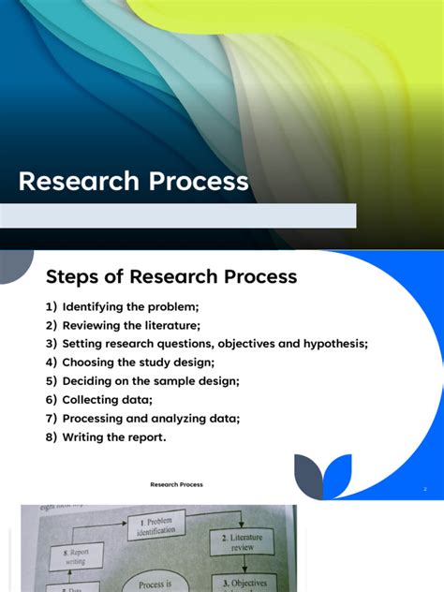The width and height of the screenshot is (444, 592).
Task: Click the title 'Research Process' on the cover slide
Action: pyautogui.click(x=134, y=181)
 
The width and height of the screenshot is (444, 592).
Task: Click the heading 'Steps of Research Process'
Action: pyautogui.click(x=171, y=276)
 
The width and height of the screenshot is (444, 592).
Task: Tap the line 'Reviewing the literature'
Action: pyautogui.click(x=132, y=325)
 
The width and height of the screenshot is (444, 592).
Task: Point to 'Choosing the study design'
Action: pyautogui.click(x=139, y=362)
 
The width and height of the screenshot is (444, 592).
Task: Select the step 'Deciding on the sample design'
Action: pyautogui.click(x=151, y=380)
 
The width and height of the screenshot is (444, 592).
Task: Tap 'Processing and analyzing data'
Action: pyautogui.click(x=151, y=418)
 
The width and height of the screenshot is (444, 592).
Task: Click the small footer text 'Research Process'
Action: pyautogui.click(x=176, y=484)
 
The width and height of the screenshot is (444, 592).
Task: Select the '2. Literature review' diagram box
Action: pyautogui.click(x=243, y=541)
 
